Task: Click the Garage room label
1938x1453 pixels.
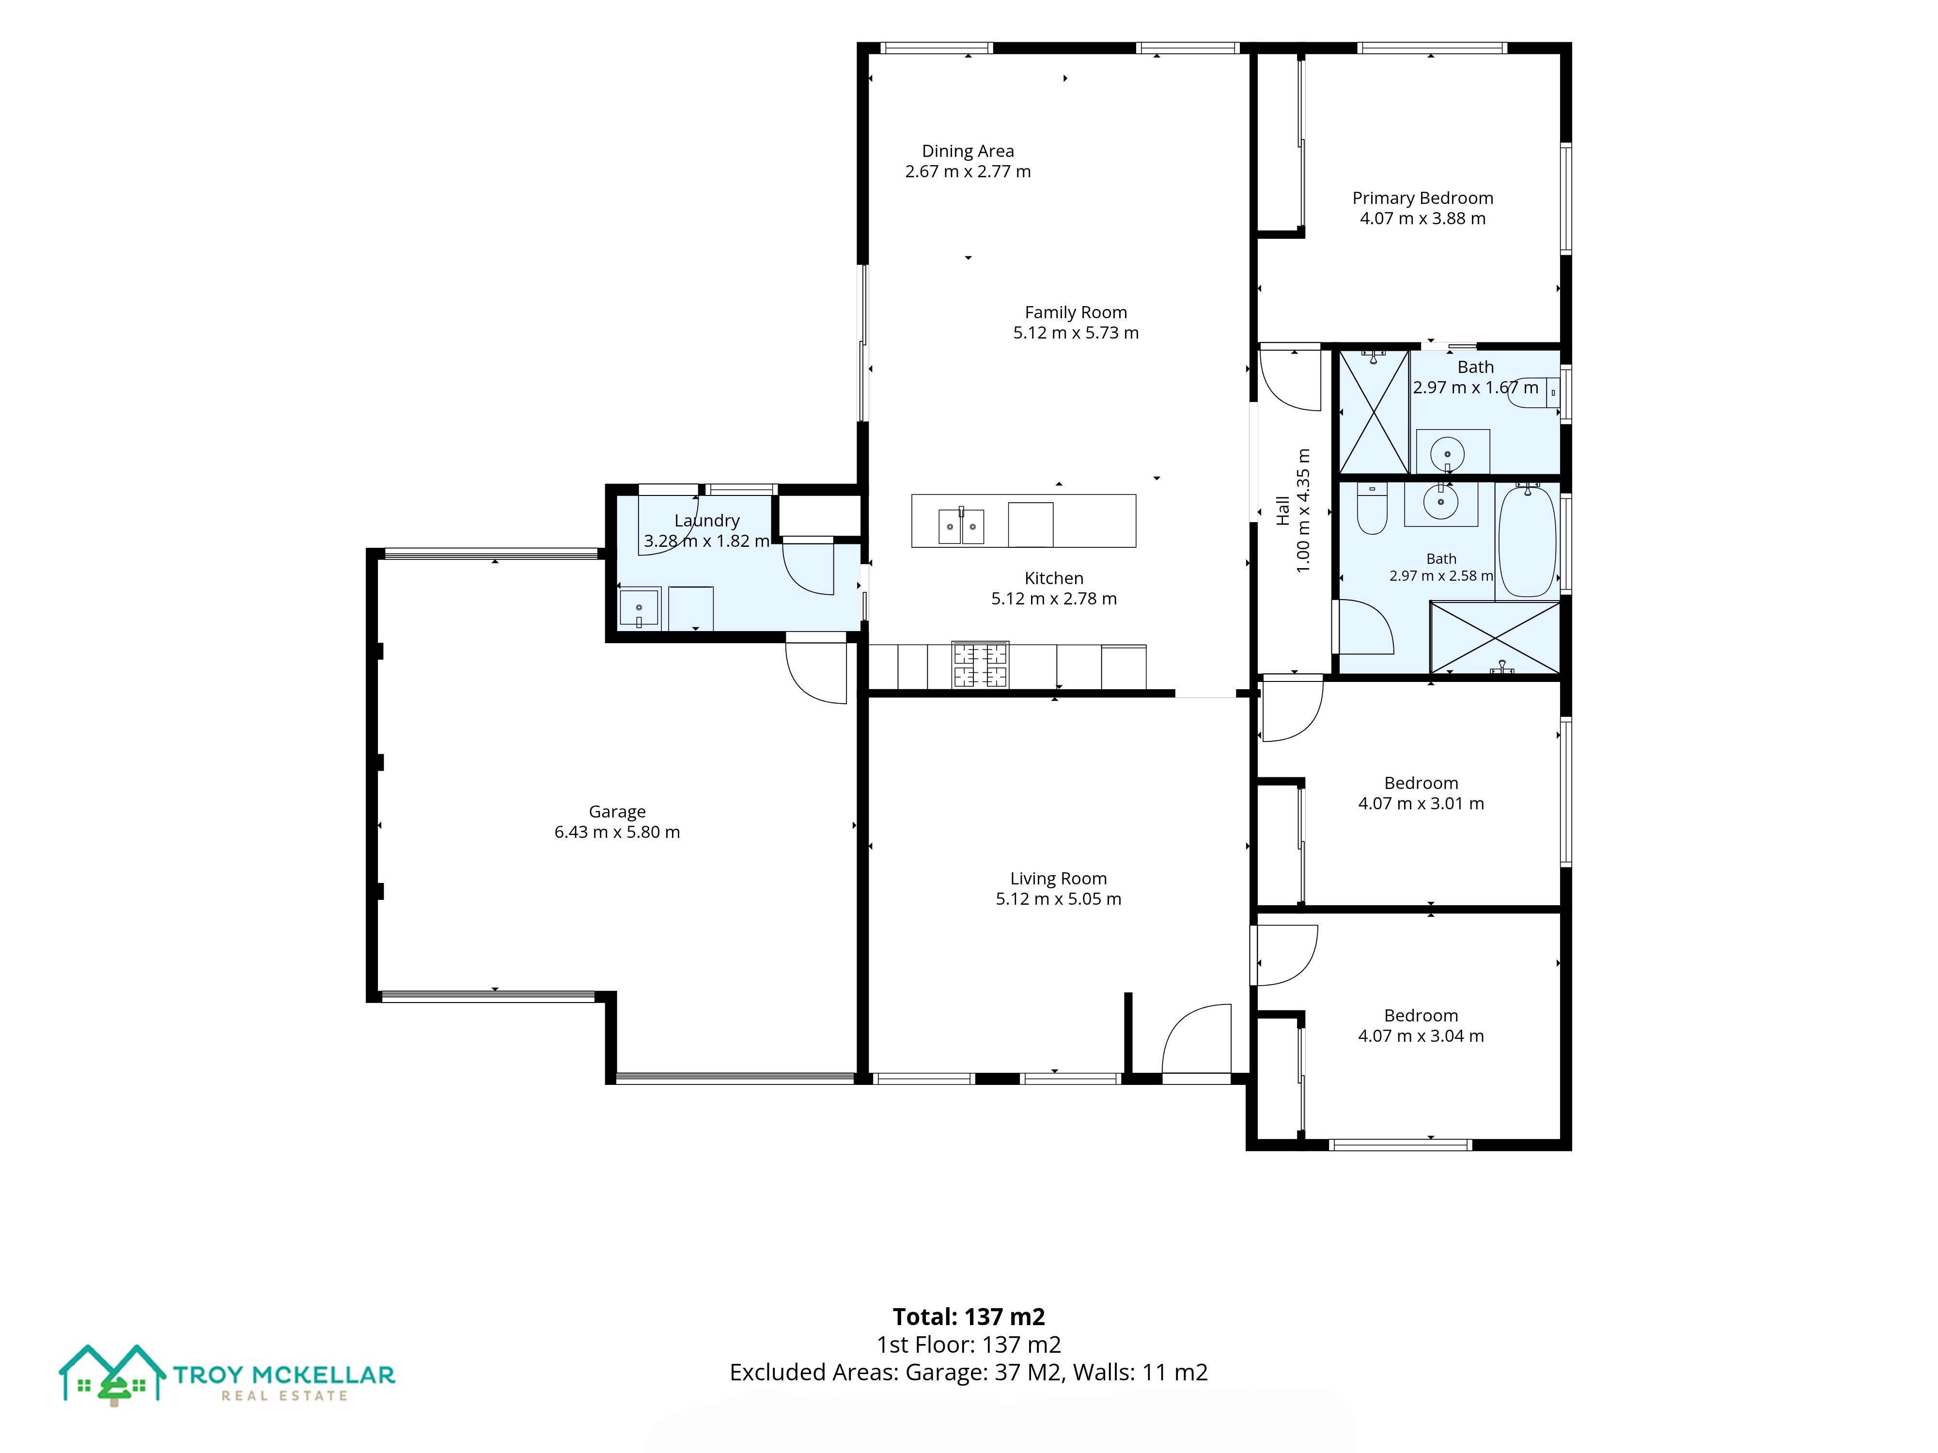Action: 617,812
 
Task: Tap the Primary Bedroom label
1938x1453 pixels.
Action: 1423,199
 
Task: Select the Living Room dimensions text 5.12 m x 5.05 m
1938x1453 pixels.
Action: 1058,898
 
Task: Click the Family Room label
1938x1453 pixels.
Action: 1076,313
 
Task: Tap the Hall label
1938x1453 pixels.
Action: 1283,510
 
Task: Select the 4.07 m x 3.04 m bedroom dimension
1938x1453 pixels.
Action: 1421,1036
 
